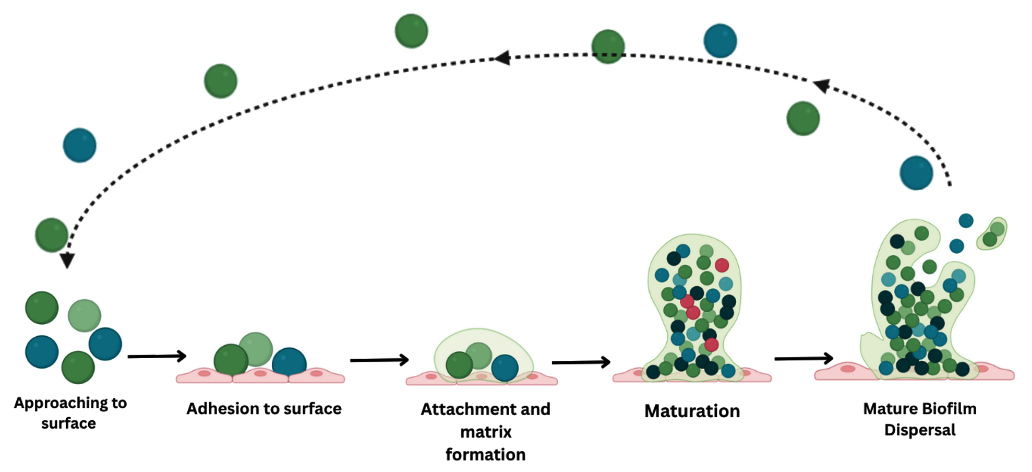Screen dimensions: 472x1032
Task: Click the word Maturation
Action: click(x=692, y=411)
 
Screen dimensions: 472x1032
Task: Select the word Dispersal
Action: click(x=920, y=430)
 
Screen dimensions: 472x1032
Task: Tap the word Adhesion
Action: click(x=219, y=409)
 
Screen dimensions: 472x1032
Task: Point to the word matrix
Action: click(x=486, y=432)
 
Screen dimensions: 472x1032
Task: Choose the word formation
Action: click(x=486, y=455)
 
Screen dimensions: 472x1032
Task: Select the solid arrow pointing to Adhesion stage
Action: click(x=157, y=356)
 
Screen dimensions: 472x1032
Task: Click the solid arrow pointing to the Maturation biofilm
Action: click(x=581, y=362)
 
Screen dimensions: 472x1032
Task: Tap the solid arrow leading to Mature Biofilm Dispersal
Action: click(x=803, y=358)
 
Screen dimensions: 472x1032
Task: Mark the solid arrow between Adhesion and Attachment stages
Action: click(x=379, y=360)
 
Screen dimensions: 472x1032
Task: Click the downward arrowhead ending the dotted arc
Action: click(x=67, y=260)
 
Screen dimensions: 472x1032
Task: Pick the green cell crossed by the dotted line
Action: click(x=608, y=46)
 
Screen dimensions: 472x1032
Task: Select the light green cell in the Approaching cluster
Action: click(x=85, y=315)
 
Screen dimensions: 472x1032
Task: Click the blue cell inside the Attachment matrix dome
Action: click(x=505, y=368)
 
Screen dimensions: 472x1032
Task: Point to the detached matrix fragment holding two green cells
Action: click(x=992, y=234)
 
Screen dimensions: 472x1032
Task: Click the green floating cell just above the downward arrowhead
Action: click(x=51, y=235)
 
